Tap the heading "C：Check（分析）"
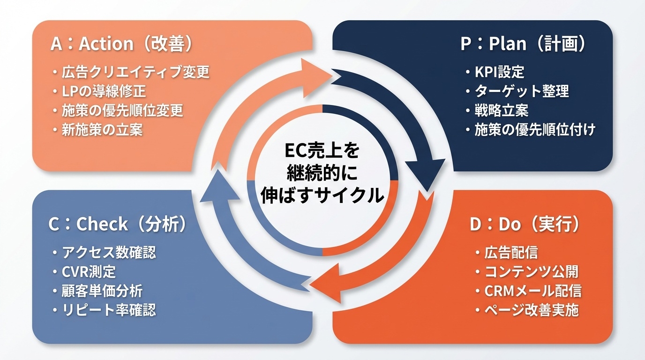(117, 225)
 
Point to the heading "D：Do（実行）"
(525, 225)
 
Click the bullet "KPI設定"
(499, 72)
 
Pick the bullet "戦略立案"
(502, 110)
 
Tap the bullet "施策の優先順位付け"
(535, 129)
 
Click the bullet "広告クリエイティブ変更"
(135, 72)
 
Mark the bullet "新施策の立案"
(102, 129)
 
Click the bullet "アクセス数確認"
(109, 253)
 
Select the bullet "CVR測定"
(89, 271)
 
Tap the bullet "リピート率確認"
(109, 310)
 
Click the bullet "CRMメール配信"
(533, 291)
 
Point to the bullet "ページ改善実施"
(532, 310)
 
